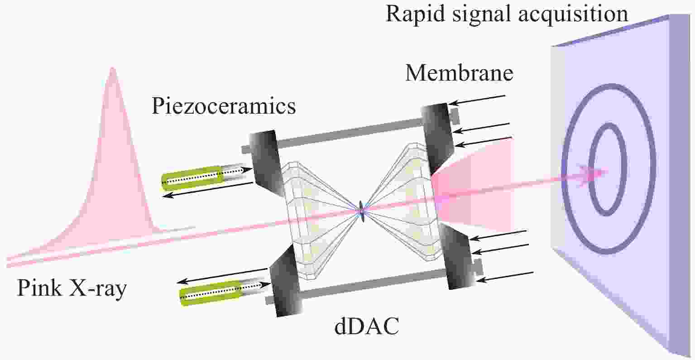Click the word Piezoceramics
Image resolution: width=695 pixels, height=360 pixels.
[x=224, y=107]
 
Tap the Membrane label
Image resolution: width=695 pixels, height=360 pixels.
[x=459, y=73]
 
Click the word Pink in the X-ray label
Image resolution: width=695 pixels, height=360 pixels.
[x=38, y=288]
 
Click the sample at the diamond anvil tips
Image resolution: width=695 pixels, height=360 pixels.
[x=362, y=210]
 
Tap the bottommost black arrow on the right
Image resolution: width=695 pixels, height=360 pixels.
[x=507, y=277]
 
